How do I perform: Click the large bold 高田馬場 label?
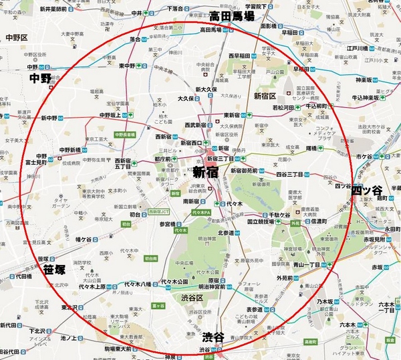(232, 16)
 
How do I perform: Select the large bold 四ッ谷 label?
(367, 190)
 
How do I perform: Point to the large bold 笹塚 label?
(54, 270)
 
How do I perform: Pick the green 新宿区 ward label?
(265, 96)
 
